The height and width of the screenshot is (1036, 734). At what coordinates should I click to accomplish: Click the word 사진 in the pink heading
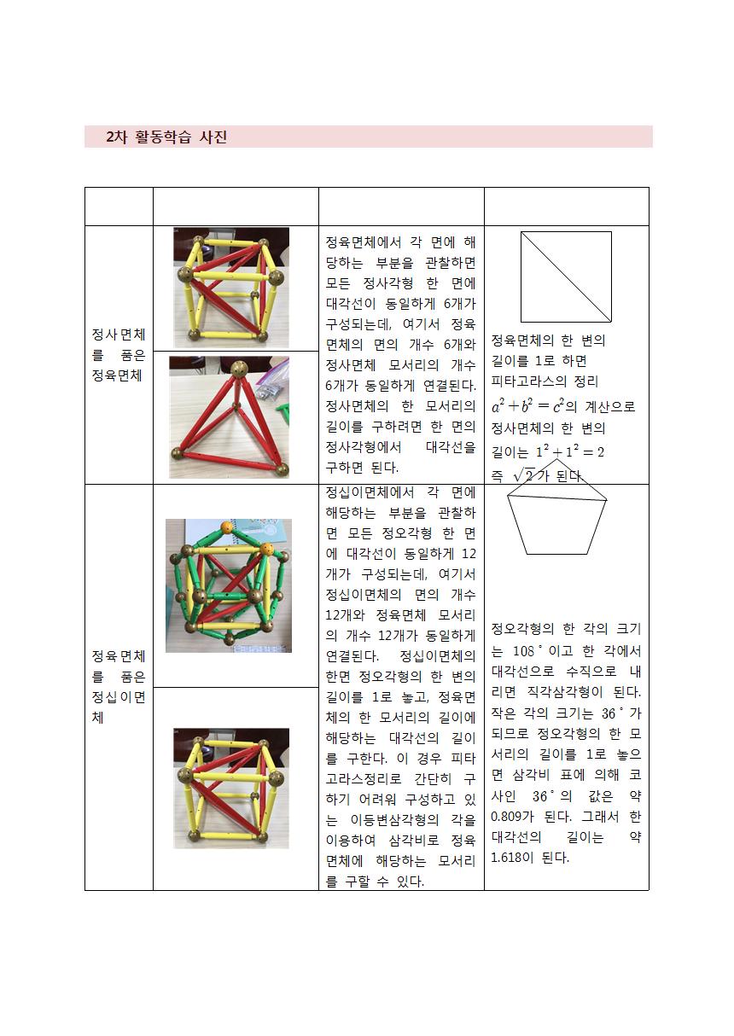pyautogui.click(x=213, y=137)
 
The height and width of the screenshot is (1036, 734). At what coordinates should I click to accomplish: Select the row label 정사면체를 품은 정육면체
pyautogui.click(x=119, y=355)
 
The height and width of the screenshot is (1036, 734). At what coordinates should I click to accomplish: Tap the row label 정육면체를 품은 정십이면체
pyautogui.click(x=119, y=686)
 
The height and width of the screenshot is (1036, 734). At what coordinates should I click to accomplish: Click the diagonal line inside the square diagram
pyautogui.click(x=566, y=276)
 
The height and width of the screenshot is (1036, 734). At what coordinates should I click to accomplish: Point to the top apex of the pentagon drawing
pyautogui.click(x=556, y=459)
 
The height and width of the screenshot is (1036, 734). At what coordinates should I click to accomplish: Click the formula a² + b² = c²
pyautogui.click(x=527, y=406)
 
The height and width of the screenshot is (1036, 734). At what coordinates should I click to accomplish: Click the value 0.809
pyautogui.click(x=506, y=817)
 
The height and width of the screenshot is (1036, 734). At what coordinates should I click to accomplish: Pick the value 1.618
pyautogui.click(x=506, y=858)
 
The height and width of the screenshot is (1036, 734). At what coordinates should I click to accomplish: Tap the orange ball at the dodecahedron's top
pyautogui.click(x=227, y=527)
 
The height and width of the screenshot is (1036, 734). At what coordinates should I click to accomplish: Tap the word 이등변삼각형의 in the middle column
pyautogui.click(x=394, y=819)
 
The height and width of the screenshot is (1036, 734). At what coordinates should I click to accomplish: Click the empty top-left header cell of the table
pyautogui.click(x=119, y=207)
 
